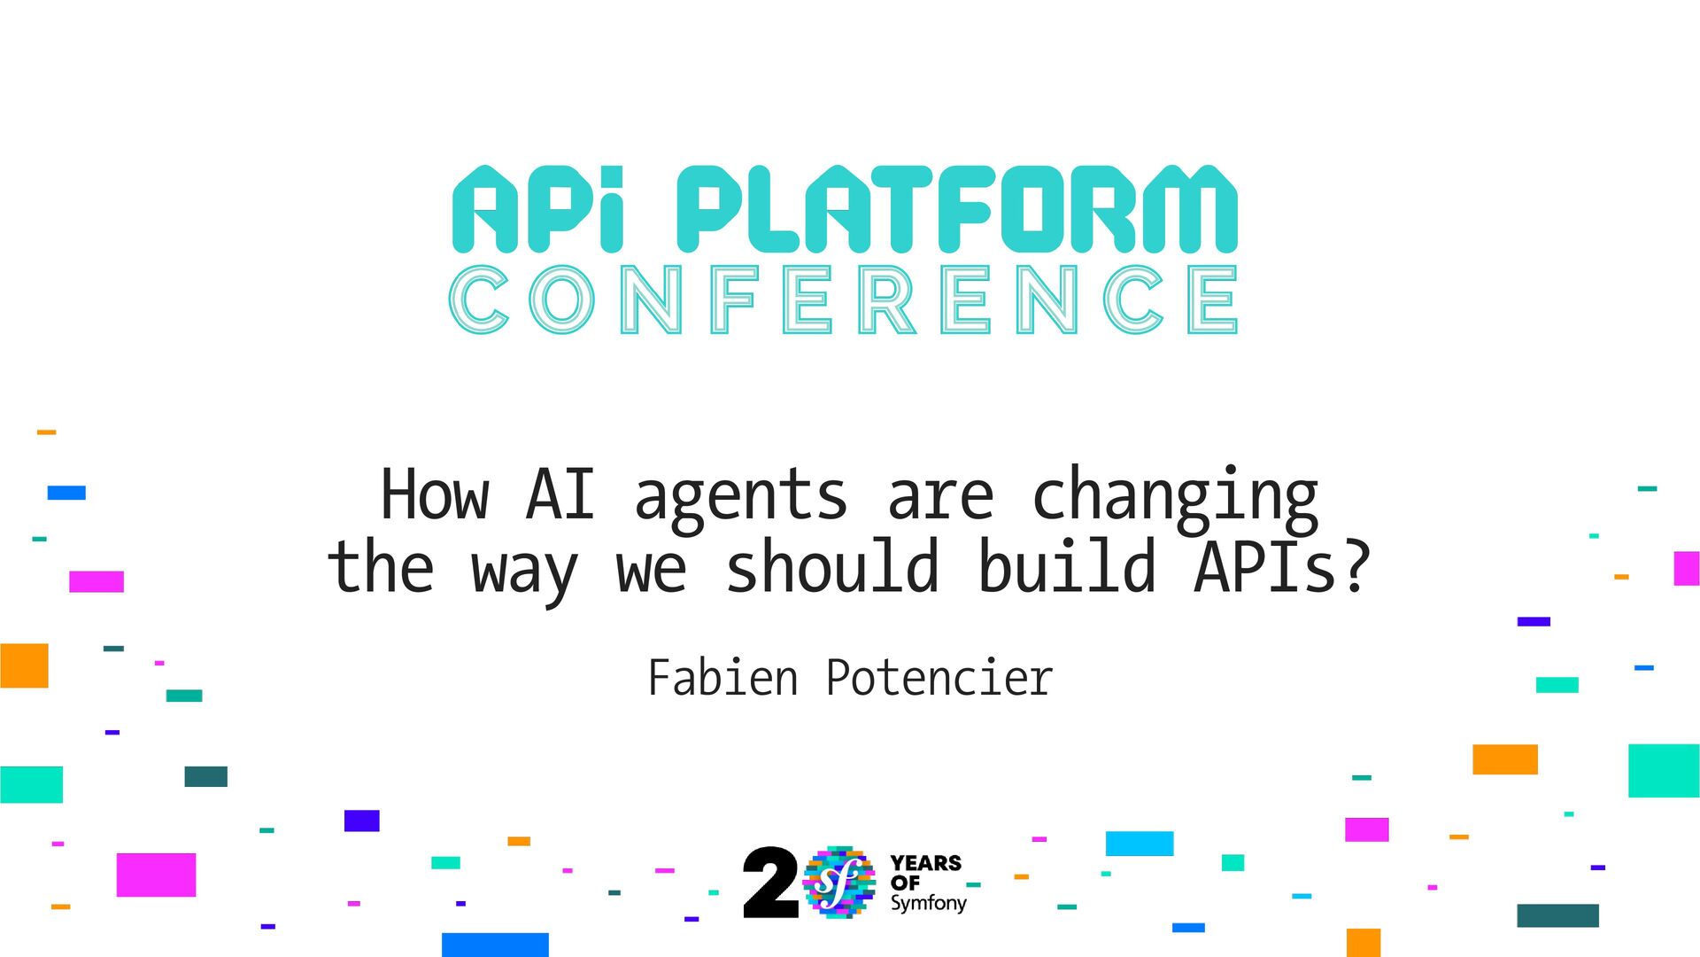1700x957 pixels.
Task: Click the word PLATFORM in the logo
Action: click(956, 209)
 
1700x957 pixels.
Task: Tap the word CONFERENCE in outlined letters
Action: click(843, 300)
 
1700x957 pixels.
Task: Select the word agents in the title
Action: click(741, 496)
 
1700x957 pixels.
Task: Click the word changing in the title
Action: click(1175, 496)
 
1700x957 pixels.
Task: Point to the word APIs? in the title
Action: click(1283, 568)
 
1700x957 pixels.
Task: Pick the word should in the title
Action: click(832, 568)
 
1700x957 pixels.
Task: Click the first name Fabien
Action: click(722, 679)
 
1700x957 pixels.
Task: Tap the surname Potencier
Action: click(939, 679)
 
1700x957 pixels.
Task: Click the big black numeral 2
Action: click(769, 883)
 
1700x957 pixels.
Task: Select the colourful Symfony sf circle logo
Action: click(838, 882)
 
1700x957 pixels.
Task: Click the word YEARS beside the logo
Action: click(925, 863)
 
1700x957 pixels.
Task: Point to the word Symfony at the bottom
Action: click(928, 904)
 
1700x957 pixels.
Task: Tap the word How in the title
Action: click(435, 496)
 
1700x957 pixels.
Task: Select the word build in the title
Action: click(1067, 568)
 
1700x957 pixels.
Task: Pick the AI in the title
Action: click(560, 496)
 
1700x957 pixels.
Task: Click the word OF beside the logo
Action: click(905, 883)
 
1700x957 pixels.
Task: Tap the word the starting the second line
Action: click(381, 568)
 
